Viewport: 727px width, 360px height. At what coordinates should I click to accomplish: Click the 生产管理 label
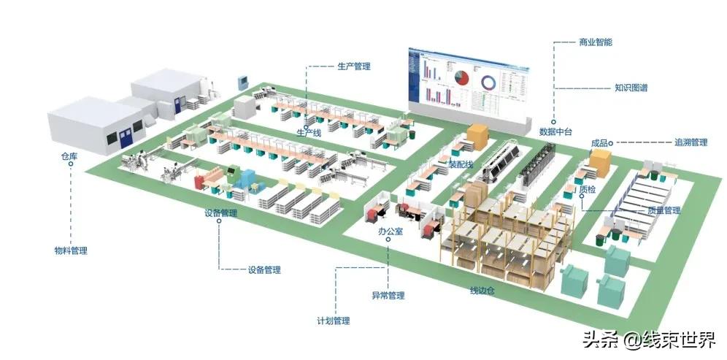[x=354, y=66]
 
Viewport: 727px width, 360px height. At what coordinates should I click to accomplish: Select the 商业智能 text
[x=595, y=42]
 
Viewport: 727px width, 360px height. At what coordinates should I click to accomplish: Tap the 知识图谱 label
[x=631, y=88]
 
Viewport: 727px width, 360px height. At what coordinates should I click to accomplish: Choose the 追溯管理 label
[x=691, y=142]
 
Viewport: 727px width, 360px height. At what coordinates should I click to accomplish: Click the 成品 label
[x=600, y=143]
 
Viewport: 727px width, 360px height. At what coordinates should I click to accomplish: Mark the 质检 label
[x=587, y=190]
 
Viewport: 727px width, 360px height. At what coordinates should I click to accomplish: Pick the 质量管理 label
[x=663, y=210]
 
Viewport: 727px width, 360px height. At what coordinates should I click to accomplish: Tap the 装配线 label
[x=461, y=164]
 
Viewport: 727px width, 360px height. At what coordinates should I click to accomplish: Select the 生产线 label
[x=309, y=133]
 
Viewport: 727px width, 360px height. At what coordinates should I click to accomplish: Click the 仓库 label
[x=70, y=155]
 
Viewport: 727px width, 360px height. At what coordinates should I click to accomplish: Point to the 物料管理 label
[x=71, y=250]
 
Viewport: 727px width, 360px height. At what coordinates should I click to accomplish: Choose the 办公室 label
[x=391, y=231]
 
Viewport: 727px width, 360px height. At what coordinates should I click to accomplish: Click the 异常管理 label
[x=388, y=296]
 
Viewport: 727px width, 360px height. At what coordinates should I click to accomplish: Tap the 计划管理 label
[x=333, y=321]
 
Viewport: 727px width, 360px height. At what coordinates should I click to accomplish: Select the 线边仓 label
[x=482, y=292]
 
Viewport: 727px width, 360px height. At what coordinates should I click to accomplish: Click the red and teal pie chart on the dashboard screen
[x=461, y=77]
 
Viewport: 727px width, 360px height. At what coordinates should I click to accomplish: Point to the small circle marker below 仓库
[x=71, y=164]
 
